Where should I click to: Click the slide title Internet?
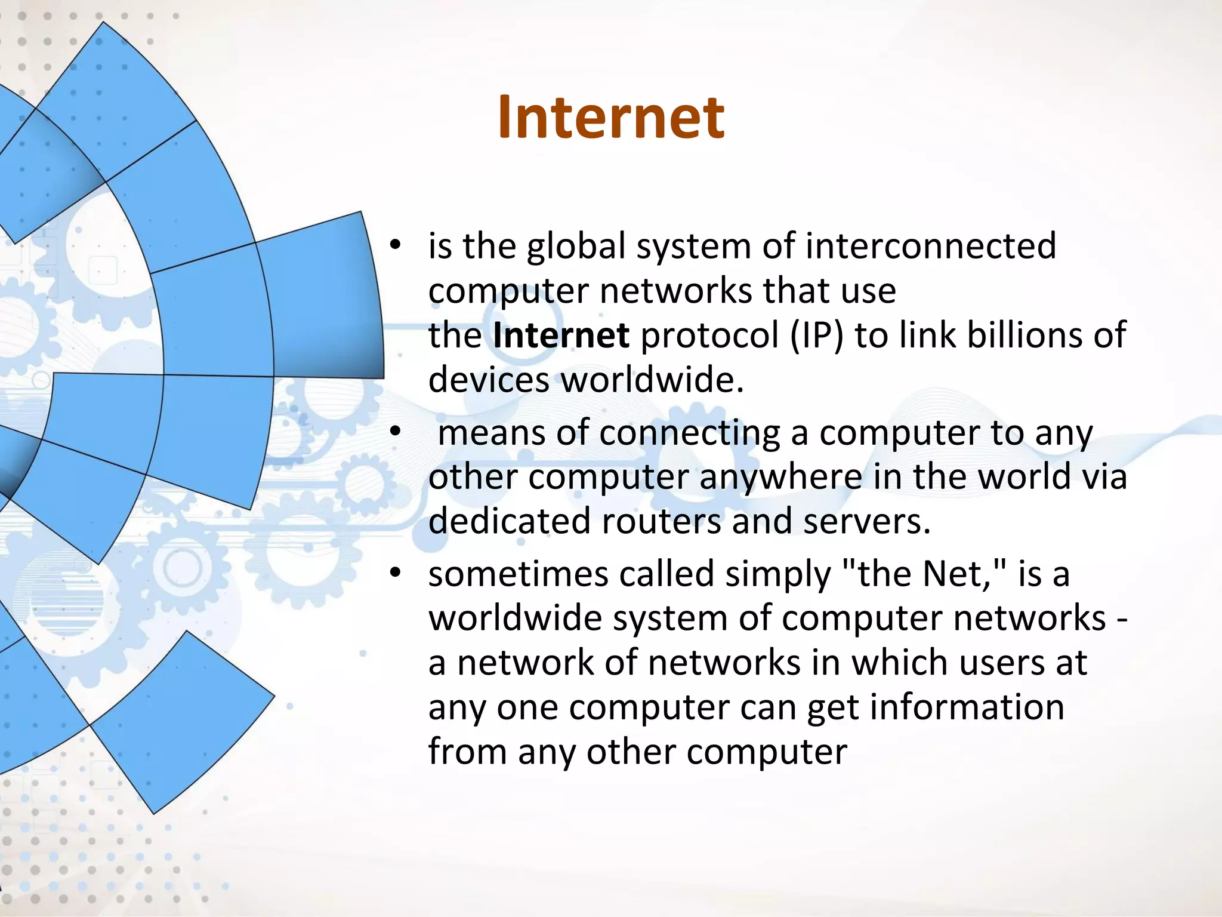[610, 118]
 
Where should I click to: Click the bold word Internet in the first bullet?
[561, 336]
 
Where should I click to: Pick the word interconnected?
[931, 247]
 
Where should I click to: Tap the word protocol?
[709, 336]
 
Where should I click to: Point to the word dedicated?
[510, 521]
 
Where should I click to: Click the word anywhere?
[780, 477]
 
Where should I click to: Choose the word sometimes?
[518, 574]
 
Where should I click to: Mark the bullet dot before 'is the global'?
[395, 245]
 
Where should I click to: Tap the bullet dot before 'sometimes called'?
[395, 573]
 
